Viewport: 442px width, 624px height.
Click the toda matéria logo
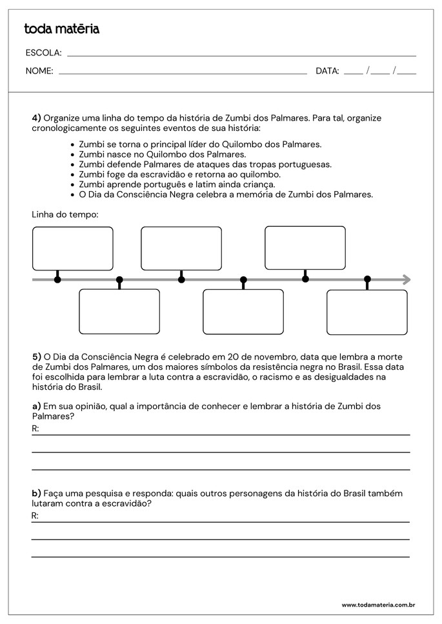pyautogui.click(x=62, y=29)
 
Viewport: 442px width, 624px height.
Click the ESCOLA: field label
pyautogui.click(x=43, y=53)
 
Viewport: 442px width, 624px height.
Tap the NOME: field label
pyautogui.click(x=39, y=71)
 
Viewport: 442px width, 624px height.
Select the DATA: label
pyautogui.click(x=327, y=71)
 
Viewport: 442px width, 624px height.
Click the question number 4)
pyautogui.click(x=36, y=118)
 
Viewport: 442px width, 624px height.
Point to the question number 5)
pyautogui.click(x=36, y=356)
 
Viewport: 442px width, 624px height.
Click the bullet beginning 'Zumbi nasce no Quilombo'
pyautogui.click(x=162, y=154)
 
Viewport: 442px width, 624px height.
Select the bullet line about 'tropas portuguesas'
pyautogui.click(x=205, y=164)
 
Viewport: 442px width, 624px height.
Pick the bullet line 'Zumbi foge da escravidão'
pyautogui.click(x=179, y=174)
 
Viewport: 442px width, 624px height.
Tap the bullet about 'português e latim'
pyautogui.click(x=177, y=184)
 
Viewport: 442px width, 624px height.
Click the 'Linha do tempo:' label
pyautogui.click(x=65, y=214)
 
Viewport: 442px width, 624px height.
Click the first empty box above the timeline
pyautogui.click(x=73, y=248)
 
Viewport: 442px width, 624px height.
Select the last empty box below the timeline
pyautogui.click(x=367, y=312)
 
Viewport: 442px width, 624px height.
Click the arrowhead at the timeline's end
pyautogui.click(x=407, y=279)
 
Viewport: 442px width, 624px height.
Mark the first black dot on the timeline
pyautogui.click(x=57, y=279)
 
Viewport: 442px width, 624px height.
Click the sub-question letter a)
pyautogui.click(x=36, y=406)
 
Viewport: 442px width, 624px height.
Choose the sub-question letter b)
pyautogui.click(x=36, y=493)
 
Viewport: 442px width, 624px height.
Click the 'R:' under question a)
pyautogui.click(x=35, y=428)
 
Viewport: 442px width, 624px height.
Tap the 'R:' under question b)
pyautogui.click(x=35, y=516)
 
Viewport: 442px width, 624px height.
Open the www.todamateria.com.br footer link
pyautogui.click(x=377, y=605)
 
